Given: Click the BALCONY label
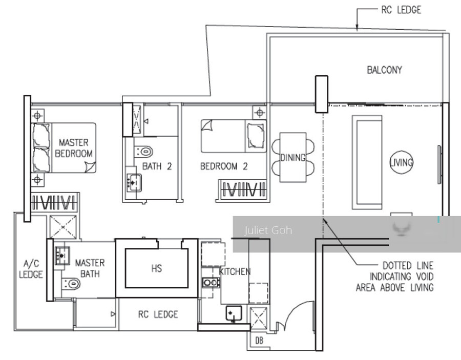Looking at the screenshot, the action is pyautogui.click(x=384, y=70).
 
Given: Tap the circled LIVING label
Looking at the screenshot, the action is pyautogui.click(x=401, y=162).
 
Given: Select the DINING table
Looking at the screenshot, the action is pyautogui.click(x=292, y=158).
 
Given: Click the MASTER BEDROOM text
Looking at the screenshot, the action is pyautogui.click(x=74, y=148).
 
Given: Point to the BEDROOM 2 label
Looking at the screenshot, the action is pyautogui.click(x=224, y=166).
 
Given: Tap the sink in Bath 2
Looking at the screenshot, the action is pyautogui.click(x=134, y=183).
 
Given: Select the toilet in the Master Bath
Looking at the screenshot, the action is pyautogui.click(x=71, y=284).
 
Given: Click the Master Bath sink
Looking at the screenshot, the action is pyautogui.click(x=62, y=255).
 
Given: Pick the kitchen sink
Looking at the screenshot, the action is pyautogui.click(x=234, y=313).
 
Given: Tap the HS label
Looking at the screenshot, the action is pyautogui.click(x=156, y=268).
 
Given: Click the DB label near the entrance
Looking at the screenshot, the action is pyautogui.click(x=259, y=341).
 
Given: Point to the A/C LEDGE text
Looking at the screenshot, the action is pyautogui.click(x=31, y=269).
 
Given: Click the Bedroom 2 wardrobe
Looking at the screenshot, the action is pyautogui.click(x=243, y=189).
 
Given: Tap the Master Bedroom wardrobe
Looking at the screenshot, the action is pyautogui.click(x=55, y=202).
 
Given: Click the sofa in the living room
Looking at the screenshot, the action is pyautogui.click(x=367, y=162).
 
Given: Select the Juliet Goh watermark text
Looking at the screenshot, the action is pyautogui.click(x=268, y=230).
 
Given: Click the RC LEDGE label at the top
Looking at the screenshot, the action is pyautogui.click(x=401, y=10).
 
